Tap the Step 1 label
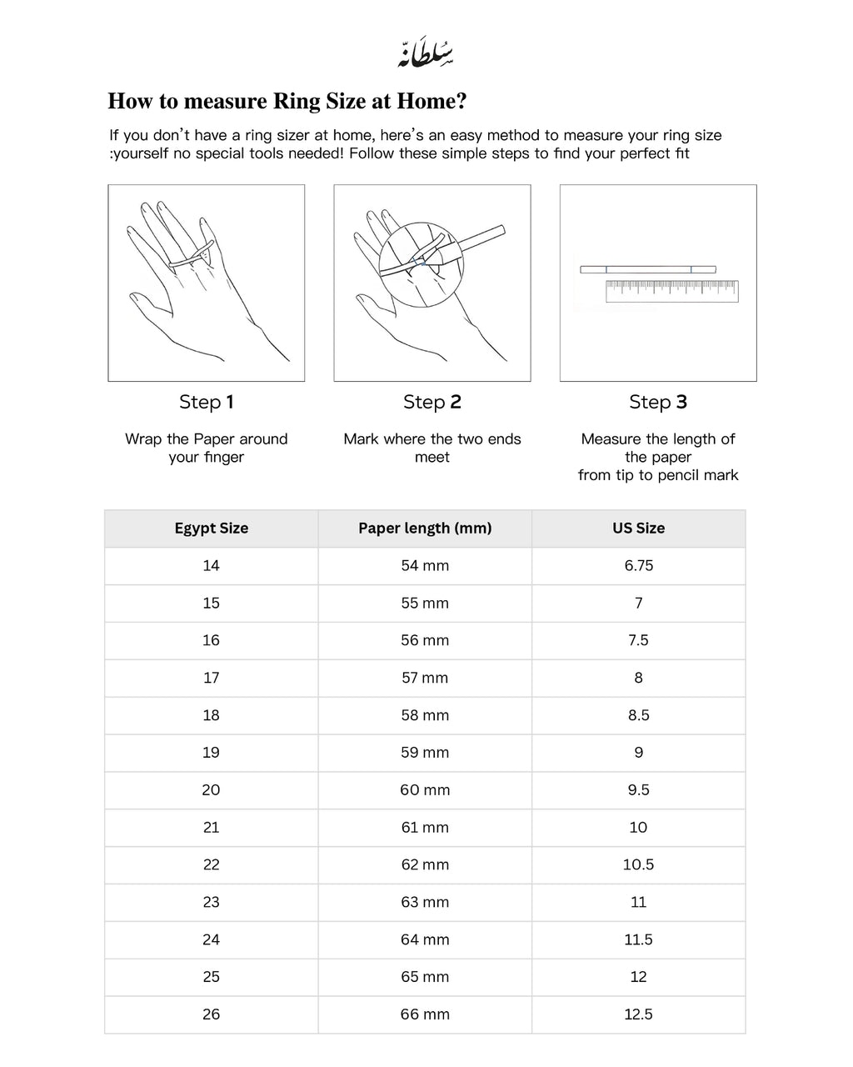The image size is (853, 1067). (207, 402)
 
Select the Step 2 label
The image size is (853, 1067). (432, 402)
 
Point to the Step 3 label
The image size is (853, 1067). (658, 402)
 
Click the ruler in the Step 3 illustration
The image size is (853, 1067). (671, 291)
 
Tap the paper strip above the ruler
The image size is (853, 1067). (648, 269)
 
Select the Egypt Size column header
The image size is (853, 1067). (212, 528)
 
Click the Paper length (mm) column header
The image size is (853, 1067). (425, 528)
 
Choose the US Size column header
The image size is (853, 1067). (639, 528)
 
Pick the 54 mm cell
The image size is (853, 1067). (425, 566)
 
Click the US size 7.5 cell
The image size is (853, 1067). (639, 640)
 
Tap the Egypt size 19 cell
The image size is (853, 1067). (212, 753)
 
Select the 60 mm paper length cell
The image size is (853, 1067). (425, 790)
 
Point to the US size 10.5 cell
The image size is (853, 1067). (639, 864)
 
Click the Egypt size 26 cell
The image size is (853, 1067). (212, 1014)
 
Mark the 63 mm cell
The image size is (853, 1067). (425, 902)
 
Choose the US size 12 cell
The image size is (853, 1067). (639, 977)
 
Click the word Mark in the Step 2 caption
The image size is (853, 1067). (361, 439)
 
